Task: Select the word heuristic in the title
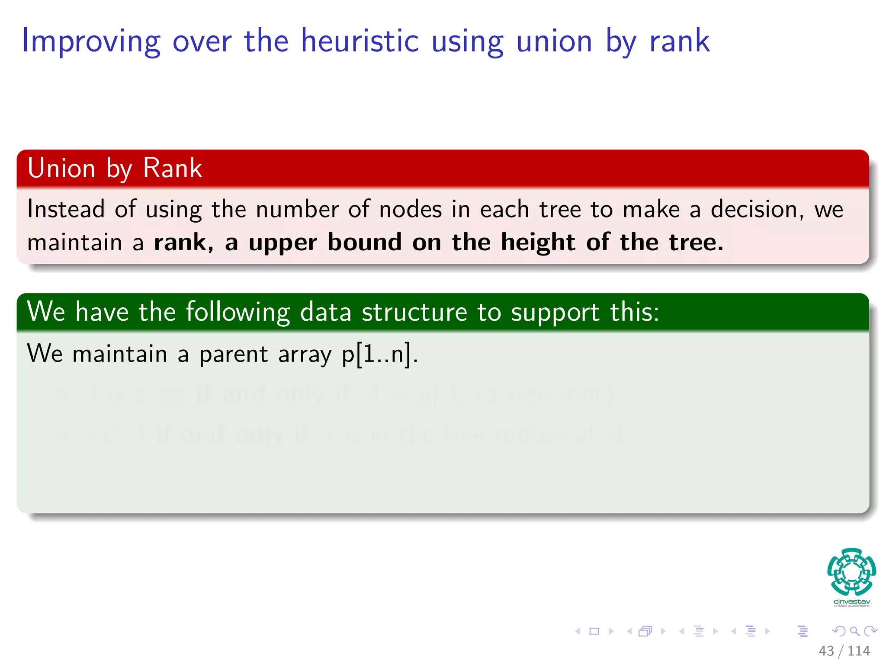360,41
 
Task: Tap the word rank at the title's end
679,41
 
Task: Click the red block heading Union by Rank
115,168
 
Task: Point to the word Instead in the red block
66,209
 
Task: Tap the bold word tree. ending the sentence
696,242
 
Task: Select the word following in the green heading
238,313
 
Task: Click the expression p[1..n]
380,354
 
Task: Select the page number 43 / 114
844,651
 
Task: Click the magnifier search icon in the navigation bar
854,631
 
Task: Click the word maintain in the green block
120,354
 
